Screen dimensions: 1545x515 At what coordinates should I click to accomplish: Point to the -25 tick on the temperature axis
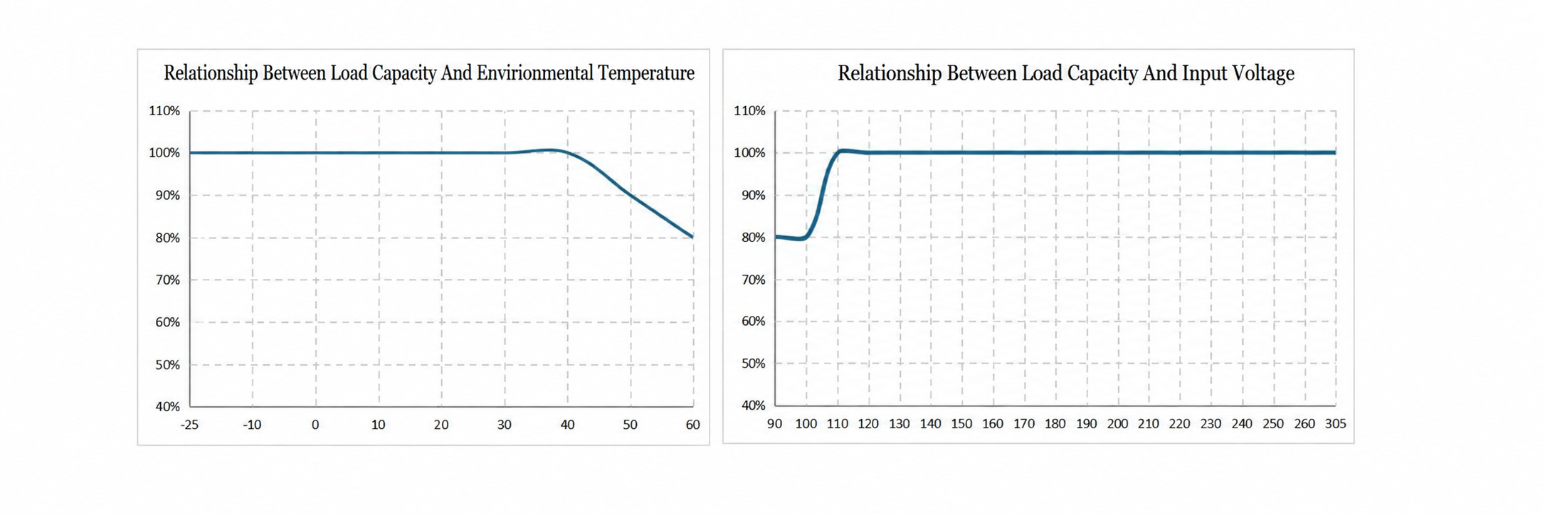tap(189, 425)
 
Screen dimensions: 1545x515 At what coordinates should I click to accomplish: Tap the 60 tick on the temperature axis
tap(692, 425)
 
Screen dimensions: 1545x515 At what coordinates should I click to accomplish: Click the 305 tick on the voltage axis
tap(1335, 424)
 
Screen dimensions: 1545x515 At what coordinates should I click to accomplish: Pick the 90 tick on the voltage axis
tap(774, 424)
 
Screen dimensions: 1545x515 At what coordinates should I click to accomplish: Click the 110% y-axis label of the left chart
tap(164, 111)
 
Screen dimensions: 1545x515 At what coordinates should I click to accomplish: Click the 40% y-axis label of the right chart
tap(753, 405)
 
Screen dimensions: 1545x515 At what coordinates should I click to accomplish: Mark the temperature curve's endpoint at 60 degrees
tap(692, 237)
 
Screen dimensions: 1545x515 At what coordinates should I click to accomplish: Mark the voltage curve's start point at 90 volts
tap(776, 236)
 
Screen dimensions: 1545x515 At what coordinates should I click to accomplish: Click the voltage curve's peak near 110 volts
tap(842, 150)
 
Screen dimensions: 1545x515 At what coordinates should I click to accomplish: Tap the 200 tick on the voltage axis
tap(1117, 424)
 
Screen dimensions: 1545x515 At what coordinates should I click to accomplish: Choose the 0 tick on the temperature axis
tap(315, 425)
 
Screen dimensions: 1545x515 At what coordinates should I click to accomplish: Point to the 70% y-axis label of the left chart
tap(168, 280)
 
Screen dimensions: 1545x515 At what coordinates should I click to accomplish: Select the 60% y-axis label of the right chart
tap(753, 322)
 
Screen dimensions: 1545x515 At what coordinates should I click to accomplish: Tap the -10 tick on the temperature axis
tap(252, 425)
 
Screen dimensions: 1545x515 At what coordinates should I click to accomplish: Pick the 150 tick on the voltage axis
tap(961, 424)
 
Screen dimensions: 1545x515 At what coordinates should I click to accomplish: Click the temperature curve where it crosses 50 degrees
tap(630, 193)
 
